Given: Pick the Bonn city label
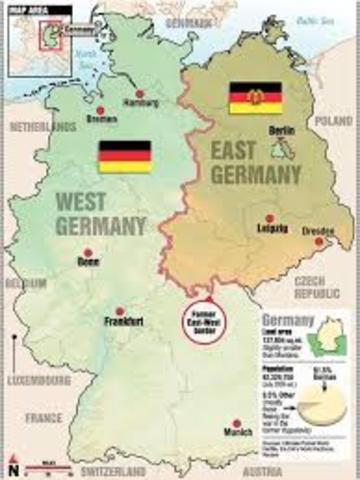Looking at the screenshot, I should click(x=87, y=262).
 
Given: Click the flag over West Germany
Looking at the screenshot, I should click(x=124, y=157).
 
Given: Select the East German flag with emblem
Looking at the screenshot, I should click(x=255, y=97).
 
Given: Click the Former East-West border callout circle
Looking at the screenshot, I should click(x=209, y=314).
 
